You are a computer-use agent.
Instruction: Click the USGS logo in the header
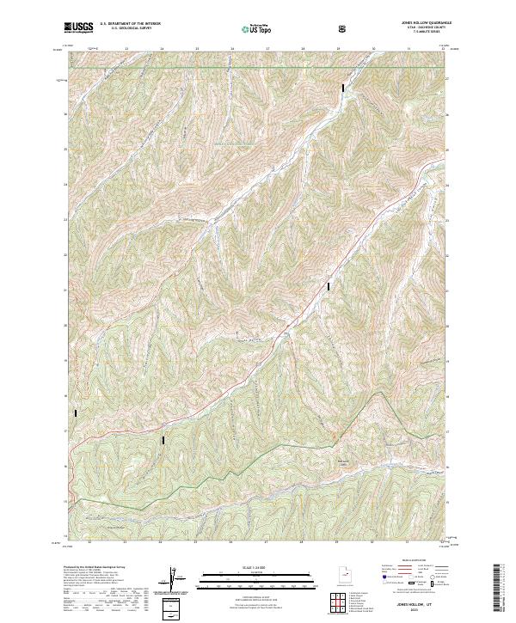pyautogui.click(x=78, y=27)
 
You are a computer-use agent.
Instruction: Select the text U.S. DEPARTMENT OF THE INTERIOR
pyautogui.click(x=131, y=25)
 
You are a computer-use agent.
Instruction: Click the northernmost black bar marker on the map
pyautogui.click(x=344, y=87)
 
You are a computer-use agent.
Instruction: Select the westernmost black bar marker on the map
pyautogui.click(x=77, y=413)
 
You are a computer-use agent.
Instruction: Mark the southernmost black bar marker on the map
pyautogui.click(x=163, y=440)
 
